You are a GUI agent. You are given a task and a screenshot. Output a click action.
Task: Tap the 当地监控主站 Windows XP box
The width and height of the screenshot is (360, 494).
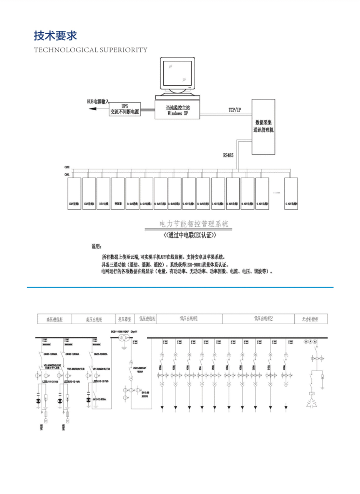click(177, 110)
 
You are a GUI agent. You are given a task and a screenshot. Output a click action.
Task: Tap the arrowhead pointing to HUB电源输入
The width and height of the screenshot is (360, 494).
click(92, 109)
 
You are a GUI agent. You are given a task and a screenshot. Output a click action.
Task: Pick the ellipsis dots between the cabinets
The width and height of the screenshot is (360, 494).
click(276, 192)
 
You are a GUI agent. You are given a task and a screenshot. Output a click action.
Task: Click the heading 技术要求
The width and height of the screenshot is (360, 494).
click(55, 36)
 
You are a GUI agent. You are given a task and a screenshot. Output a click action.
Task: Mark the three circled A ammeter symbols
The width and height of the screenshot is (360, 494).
click(310, 341)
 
